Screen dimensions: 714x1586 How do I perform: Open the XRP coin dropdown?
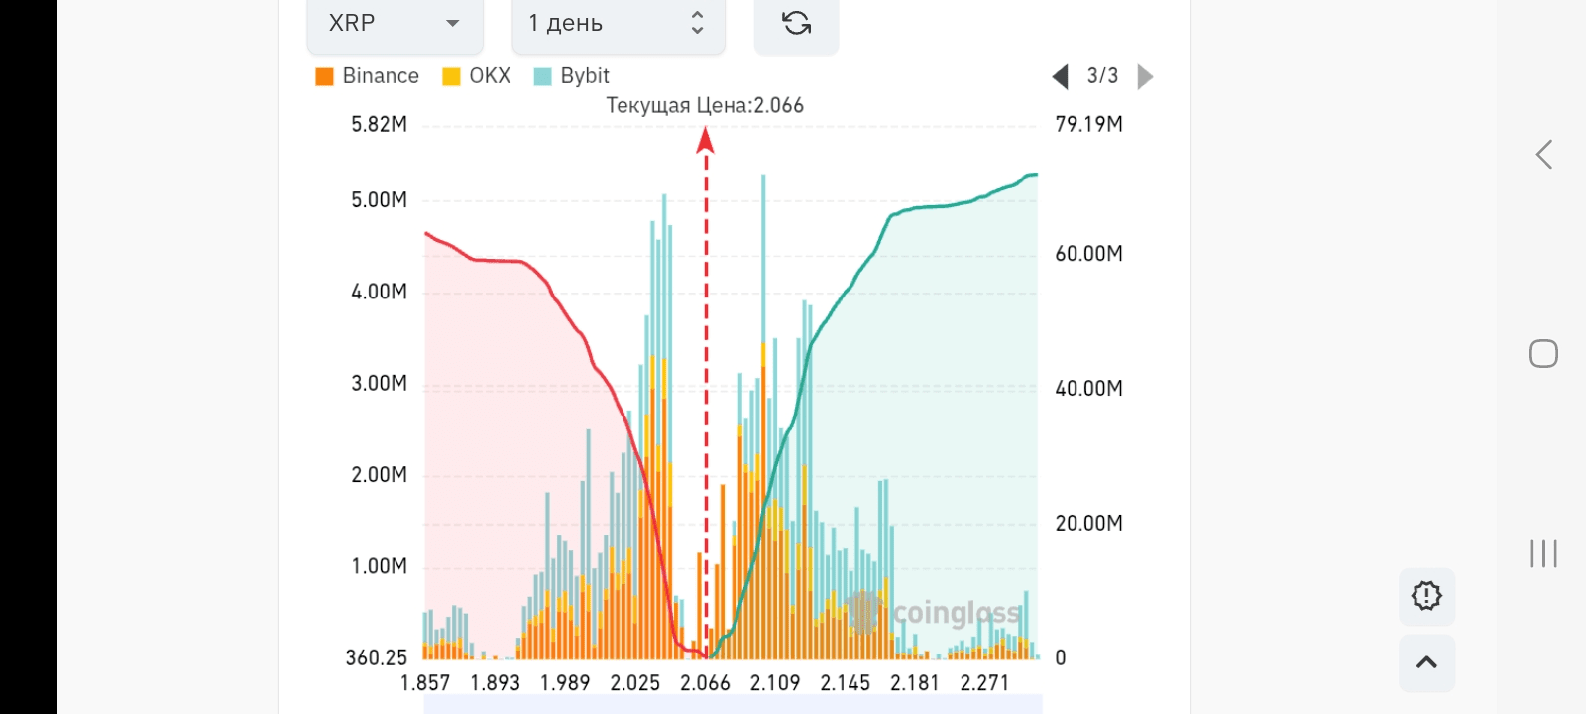click(394, 24)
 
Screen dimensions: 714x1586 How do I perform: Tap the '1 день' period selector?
click(617, 24)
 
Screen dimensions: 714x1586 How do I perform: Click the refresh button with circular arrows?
click(796, 24)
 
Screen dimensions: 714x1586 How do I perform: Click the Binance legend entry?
click(367, 76)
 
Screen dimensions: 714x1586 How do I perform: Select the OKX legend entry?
click(477, 76)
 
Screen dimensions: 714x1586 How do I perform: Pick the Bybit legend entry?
click(572, 76)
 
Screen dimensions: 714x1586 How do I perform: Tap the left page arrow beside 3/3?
click(1060, 76)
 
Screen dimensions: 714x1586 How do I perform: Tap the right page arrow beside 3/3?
click(1145, 76)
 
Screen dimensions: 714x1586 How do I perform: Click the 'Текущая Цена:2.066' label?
click(705, 105)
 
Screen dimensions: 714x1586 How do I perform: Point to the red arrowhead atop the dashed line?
click(706, 141)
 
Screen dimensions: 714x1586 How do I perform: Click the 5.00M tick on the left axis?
click(379, 200)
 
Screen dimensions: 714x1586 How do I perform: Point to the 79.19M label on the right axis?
click(1088, 124)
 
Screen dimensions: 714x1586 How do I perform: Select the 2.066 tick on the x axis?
click(705, 683)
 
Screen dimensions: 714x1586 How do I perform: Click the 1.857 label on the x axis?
click(425, 683)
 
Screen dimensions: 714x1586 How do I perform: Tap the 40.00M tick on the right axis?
click(1088, 388)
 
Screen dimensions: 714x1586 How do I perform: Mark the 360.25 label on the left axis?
click(377, 657)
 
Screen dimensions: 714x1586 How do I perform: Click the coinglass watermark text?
click(956, 613)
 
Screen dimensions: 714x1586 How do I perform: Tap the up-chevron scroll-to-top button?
click(1426, 662)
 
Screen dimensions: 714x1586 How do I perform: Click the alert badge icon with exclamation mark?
click(1426, 596)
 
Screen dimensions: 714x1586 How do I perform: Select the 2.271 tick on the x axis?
click(984, 683)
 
